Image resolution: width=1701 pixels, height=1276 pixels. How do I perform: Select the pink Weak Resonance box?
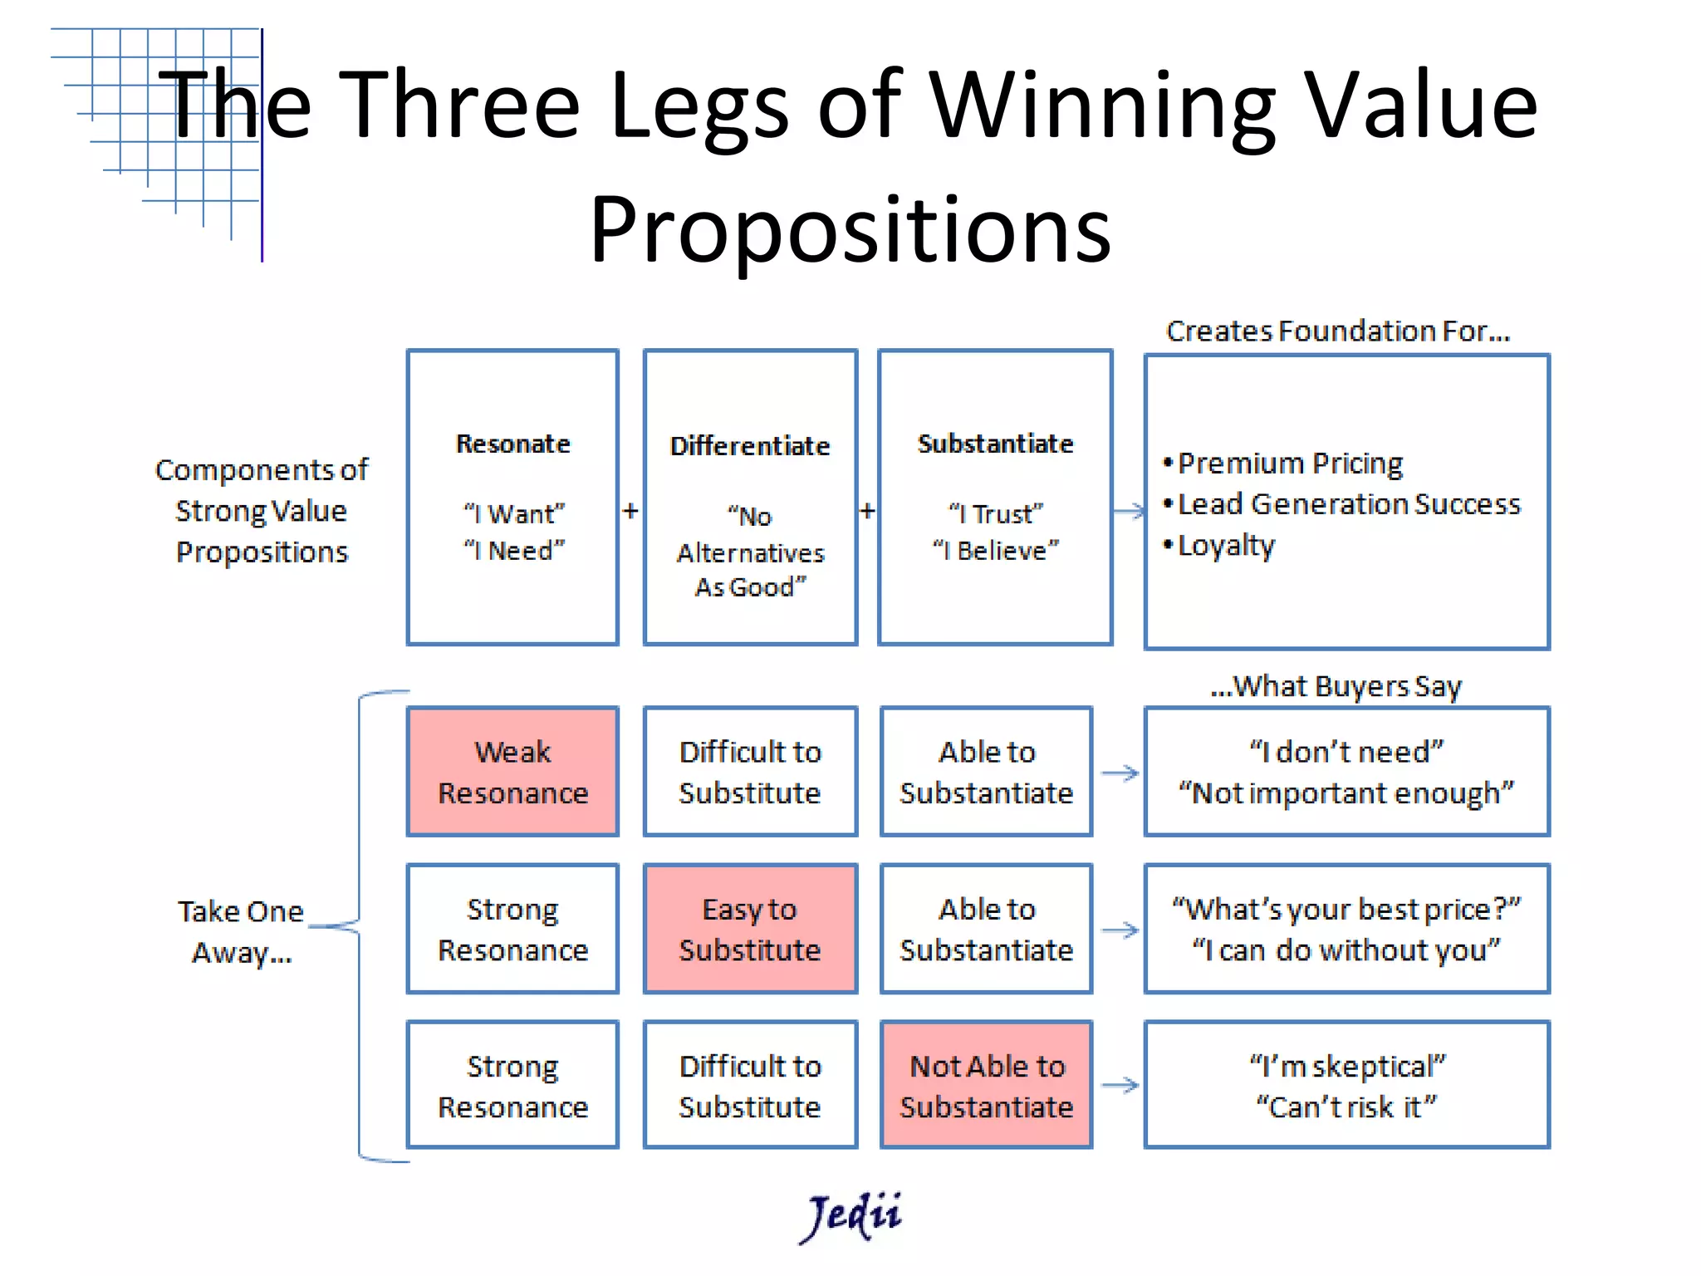pyautogui.click(x=512, y=772)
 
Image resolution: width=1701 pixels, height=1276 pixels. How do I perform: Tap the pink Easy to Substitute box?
pyautogui.click(x=750, y=929)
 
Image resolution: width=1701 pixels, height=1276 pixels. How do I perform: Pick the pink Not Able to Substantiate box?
pyautogui.click(x=987, y=1086)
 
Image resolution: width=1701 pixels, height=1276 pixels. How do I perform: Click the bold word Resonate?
pyautogui.click(x=512, y=444)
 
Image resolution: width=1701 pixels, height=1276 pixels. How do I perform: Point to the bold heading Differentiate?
pyautogui.click(x=750, y=446)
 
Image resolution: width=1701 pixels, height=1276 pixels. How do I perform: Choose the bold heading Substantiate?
pyautogui.click(x=995, y=444)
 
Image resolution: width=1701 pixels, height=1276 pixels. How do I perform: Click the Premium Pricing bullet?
pyautogui.click(x=1290, y=463)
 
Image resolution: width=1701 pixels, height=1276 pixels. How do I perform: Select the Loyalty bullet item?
pyautogui.click(x=1226, y=546)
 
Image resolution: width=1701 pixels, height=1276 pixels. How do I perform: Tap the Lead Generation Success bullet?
pyautogui.click(x=1349, y=504)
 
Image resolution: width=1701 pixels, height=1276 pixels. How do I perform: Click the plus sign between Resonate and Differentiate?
pyautogui.click(x=630, y=510)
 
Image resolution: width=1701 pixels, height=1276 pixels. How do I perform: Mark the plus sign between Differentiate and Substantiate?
pyautogui.click(x=867, y=510)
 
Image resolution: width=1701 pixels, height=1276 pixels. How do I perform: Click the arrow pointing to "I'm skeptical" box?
pyautogui.click(x=1120, y=1085)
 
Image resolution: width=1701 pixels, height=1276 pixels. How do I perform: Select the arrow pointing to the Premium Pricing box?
pyautogui.click(x=1129, y=512)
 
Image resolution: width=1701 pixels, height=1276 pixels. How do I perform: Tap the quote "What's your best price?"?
pyautogui.click(x=1346, y=909)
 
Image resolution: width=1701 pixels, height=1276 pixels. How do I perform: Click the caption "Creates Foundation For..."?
pyautogui.click(x=1337, y=331)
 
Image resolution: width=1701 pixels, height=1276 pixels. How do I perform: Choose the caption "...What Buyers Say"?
pyautogui.click(x=1336, y=686)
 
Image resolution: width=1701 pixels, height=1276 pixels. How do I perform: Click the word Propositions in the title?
pyautogui.click(x=850, y=228)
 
